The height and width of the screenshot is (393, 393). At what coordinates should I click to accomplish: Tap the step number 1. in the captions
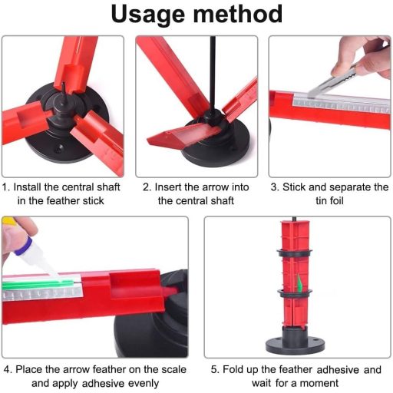pos(6,187)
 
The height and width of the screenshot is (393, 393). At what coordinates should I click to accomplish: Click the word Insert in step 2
pos(170,187)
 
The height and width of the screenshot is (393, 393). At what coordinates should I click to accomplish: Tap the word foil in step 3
pos(330,200)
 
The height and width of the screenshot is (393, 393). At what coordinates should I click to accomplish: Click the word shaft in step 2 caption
pos(217,200)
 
